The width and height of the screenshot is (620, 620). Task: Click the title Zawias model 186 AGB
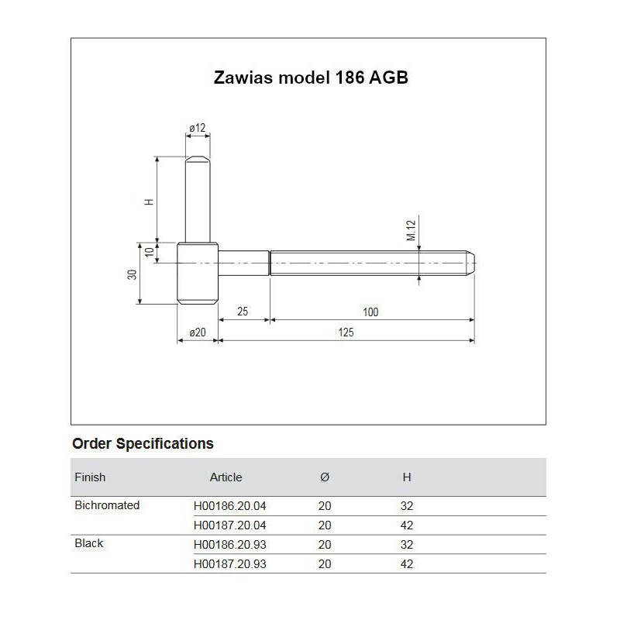309,78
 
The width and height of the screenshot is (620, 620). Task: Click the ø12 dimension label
197,127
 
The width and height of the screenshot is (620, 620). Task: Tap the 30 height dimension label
133,275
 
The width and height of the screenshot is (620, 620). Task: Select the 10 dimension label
149,252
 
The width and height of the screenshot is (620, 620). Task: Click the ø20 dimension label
197,332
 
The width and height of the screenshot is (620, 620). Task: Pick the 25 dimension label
243,312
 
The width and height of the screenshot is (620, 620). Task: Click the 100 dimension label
370,312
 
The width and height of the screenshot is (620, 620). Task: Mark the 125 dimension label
346,332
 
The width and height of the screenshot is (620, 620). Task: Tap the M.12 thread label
412,230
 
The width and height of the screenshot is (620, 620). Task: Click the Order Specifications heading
143,444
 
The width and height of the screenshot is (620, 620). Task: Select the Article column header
226,477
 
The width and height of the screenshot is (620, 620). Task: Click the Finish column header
90,477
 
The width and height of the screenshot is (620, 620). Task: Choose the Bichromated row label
107,505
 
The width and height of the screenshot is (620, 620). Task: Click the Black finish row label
89,543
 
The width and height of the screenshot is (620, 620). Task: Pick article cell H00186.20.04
229,506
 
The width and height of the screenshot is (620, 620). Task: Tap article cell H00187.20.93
229,564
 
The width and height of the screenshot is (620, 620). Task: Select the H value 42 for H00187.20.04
407,525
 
